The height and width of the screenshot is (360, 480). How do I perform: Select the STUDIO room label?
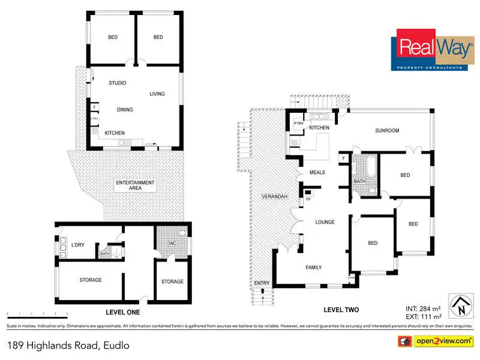[x=118, y=83]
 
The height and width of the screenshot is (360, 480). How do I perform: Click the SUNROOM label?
[x=387, y=130]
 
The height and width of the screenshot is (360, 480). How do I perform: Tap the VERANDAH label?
[x=275, y=197]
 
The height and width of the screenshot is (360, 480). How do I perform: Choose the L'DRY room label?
[x=77, y=244]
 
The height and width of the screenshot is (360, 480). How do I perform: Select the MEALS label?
[x=317, y=172]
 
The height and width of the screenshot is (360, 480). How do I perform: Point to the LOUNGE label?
[x=325, y=222]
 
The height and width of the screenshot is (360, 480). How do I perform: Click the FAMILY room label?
[x=314, y=268]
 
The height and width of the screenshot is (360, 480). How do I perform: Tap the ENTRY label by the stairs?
[x=262, y=283]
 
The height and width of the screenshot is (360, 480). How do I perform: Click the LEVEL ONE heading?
[x=113, y=313]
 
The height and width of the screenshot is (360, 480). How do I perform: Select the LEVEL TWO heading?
[x=341, y=310]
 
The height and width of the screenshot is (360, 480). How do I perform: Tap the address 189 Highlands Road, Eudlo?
[x=68, y=346]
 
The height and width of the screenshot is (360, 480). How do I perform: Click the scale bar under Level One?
[x=37, y=314]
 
